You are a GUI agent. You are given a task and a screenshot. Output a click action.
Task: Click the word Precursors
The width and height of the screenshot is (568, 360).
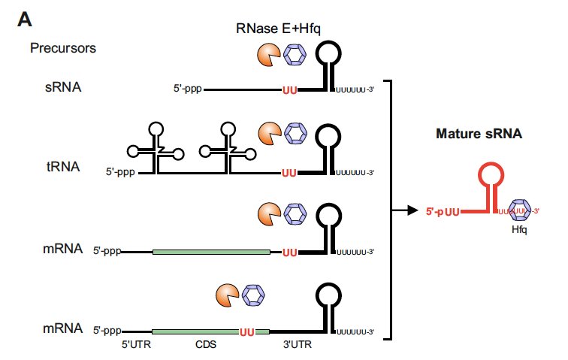pyautogui.click(x=62, y=49)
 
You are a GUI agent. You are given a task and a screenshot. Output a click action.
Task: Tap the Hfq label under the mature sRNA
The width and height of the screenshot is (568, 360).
pyautogui.click(x=519, y=230)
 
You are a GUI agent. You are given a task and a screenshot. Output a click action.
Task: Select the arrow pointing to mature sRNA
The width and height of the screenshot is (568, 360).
pyautogui.click(x=406, y=210)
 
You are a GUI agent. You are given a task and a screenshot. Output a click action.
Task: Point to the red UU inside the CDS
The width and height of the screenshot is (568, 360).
pyautogui.click(x=247, y=331)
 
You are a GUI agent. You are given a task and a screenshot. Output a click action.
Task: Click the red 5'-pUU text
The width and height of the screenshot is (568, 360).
pyautogui.click(x=443, y=212)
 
